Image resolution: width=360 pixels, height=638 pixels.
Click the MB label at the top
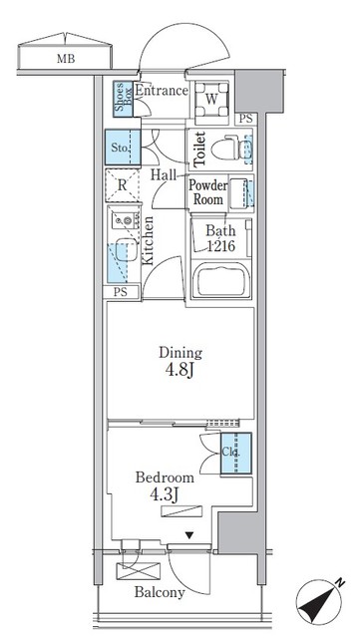(66, 59)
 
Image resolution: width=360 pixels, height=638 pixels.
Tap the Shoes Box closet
(123, 99)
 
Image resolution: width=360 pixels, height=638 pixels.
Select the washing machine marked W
(211, 100)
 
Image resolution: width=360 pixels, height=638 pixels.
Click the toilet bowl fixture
(226, 150)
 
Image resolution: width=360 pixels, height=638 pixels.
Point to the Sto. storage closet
(123, 148)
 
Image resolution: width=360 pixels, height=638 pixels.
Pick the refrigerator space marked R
(123, 185)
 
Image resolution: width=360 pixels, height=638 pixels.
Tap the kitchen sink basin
(127, 250)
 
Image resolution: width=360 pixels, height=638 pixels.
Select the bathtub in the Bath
(222, 280)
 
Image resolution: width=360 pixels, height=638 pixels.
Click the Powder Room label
(207, 192)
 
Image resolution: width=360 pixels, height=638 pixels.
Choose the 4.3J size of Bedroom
(165, 495)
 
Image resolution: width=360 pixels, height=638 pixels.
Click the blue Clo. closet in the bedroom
(235, 454)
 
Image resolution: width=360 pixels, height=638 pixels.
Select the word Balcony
(160, 592)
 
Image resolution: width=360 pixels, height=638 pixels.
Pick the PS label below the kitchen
(120, 292)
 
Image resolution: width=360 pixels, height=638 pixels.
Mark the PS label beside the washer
(245, 119)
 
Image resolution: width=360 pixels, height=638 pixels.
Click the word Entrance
(162, 91)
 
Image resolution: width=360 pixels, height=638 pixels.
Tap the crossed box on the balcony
(138, 571)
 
